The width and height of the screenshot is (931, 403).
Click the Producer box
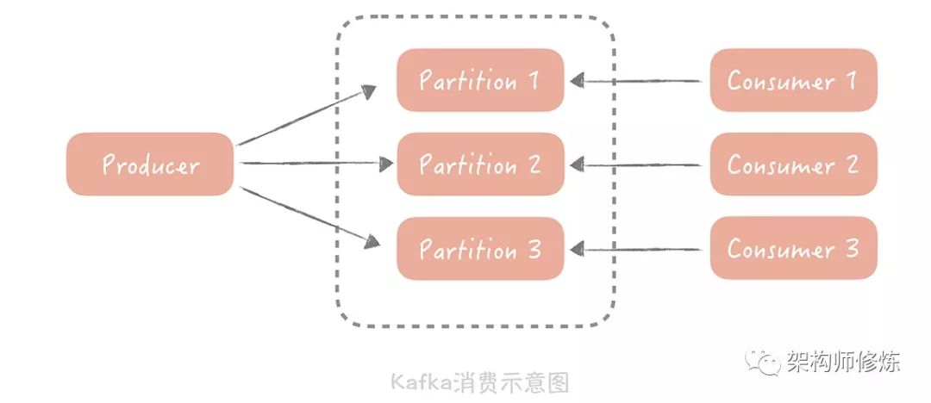click(150, 164)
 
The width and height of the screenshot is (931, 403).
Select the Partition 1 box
click(480, 80)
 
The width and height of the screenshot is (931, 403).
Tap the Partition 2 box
click(480, 164)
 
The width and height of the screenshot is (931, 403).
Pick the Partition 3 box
click(480, 249)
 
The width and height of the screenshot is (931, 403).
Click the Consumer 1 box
click(793, 80)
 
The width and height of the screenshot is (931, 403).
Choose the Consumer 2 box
click(793, 164)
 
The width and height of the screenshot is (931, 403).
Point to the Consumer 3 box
click(793, 249)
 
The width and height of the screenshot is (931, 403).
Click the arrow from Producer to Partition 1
click(306, 116)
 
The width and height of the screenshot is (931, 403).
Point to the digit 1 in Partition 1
click(533, 80)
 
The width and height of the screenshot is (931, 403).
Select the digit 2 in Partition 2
click(534, 164)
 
